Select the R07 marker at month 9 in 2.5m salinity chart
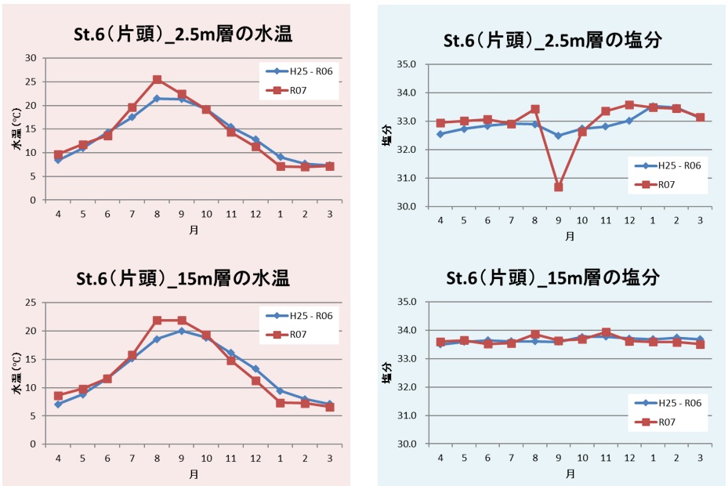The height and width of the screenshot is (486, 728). pos(559,187)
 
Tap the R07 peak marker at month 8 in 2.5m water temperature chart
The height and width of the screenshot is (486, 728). pos(157,80)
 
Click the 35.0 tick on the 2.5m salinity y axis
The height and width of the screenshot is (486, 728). pos(415,64)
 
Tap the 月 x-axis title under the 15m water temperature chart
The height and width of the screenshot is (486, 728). pos(193,473)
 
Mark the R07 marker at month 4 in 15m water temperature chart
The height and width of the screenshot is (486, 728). pos(58,396)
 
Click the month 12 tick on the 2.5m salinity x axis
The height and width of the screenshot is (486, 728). pos(628,221)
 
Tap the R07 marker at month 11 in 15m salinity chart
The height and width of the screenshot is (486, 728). pos(606,332)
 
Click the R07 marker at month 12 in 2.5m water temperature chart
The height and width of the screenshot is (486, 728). pos(255,147)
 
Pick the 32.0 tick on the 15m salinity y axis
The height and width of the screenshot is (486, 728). pos(415,387)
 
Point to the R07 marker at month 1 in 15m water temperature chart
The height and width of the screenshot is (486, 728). pos(280,403)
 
